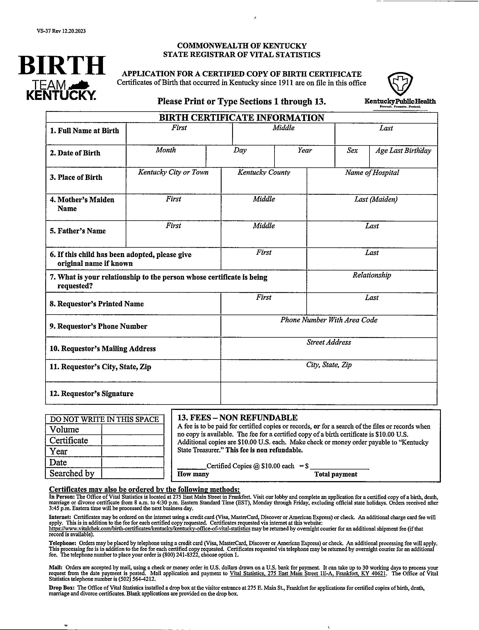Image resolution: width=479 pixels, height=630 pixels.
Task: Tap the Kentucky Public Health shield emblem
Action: pyautogui.click(x=400, y=84)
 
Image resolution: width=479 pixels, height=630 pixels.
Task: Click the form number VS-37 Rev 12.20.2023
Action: pyautogui.click(x=61, y=31)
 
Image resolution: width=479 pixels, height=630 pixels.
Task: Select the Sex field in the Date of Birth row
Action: pyautogui.click(x=352, y=159)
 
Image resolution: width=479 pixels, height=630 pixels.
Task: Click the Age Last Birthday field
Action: pyautogui.click(x=403, y=159)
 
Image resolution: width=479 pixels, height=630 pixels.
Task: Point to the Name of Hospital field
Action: pyautogui.click(x=372, y=184)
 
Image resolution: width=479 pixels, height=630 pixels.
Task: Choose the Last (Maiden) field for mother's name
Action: pyautogui.click(x=372, y=211)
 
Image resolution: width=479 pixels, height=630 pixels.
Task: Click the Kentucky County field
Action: pyautogui.click(x=264, y=184)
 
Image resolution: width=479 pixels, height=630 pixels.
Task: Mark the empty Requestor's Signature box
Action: pyautogui.click(x=329, y=393)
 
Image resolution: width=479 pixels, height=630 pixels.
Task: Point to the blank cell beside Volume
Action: pyautogui.click(x=133, y=429)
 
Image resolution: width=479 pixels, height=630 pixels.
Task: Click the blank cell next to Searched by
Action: pyautogui.click(x=133, y=473)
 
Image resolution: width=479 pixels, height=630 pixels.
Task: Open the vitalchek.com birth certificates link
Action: pyautogui.click(x=150, y=529)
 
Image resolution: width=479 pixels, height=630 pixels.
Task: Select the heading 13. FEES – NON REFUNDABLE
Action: pyautogui.click(x=237, y=418)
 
